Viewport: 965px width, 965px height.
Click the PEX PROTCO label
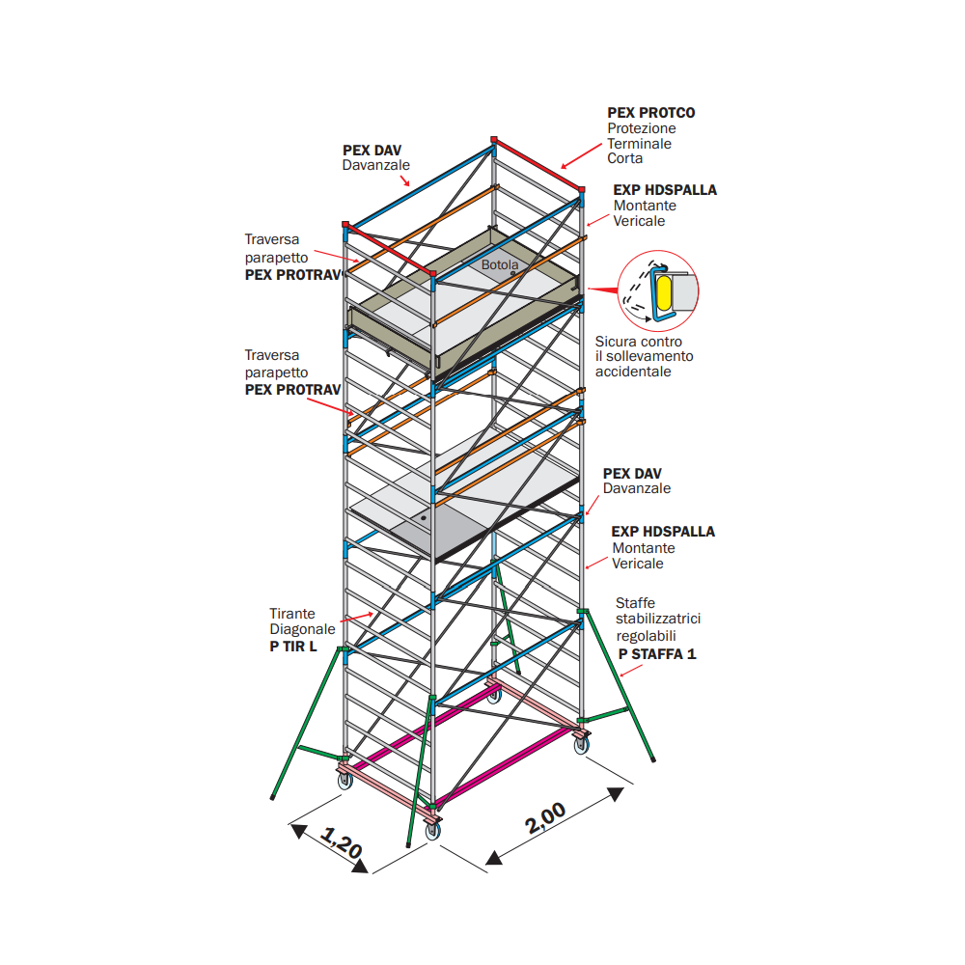650,113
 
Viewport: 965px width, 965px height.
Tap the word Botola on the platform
500,264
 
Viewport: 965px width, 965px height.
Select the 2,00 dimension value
546,817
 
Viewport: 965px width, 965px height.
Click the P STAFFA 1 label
657,653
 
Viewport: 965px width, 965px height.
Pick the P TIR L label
292,646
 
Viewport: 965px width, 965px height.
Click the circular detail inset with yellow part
658,287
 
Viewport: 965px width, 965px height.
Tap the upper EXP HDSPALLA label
665,190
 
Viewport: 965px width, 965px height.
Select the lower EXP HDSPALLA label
663,532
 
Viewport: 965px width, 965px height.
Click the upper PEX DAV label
372,151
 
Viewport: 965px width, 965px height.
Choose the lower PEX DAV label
632,474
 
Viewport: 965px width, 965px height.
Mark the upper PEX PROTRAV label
293,275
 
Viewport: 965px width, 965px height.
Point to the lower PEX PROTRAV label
292,390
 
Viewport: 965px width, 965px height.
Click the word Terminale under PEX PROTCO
639,144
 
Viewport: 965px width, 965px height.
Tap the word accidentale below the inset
633,372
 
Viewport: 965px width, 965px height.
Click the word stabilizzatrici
658,620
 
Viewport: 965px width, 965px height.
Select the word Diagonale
302,629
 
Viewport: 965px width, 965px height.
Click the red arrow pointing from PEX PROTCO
582,153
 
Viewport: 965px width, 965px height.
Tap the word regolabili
647,636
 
